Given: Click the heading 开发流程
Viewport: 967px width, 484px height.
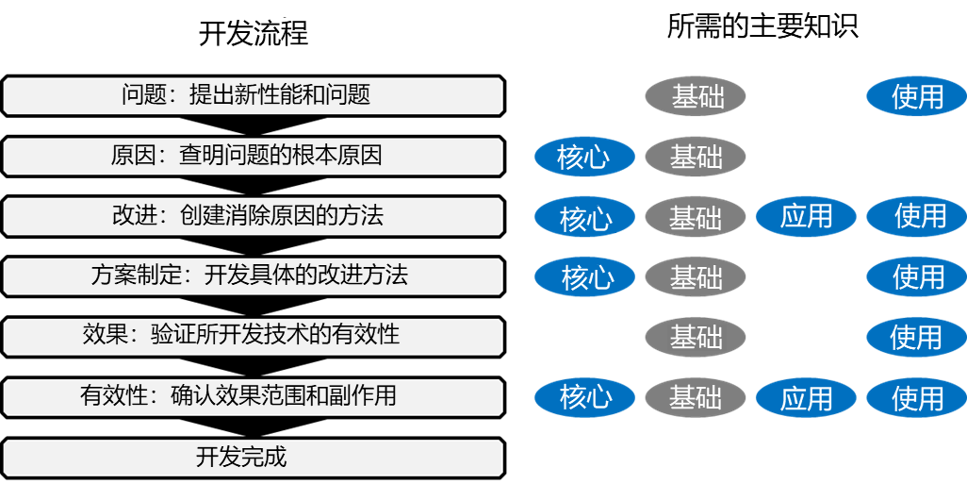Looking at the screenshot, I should click(254, 33).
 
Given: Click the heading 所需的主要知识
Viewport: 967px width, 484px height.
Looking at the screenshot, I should click(762, 26).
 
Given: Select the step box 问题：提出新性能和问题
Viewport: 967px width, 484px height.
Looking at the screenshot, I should click(253, 95).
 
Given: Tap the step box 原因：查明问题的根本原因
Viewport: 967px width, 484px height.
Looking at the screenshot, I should click(253, 156).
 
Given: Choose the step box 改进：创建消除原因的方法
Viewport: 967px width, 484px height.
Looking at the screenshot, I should click(253, 216).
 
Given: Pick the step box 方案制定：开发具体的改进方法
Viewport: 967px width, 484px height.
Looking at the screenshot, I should click(253, 276).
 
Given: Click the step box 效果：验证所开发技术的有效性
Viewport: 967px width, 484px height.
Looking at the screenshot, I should click(253, 336).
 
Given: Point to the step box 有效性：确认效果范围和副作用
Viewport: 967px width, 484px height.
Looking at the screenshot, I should click(253, 396).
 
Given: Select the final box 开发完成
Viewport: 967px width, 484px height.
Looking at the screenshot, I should click(253, 458).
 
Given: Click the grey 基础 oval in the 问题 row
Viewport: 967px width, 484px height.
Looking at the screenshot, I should click(696, 96).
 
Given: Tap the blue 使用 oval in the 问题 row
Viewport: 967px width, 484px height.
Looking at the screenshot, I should click(916, 96).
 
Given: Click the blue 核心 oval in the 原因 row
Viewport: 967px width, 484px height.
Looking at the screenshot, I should click(584, 157).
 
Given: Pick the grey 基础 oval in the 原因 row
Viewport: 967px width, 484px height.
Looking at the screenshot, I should click(696, 157).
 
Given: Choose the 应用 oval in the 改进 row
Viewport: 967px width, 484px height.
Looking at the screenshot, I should click(806, 217).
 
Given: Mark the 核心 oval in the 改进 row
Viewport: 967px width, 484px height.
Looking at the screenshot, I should click(584, 217).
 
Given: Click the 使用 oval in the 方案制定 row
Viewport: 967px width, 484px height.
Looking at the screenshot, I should click(916, 277).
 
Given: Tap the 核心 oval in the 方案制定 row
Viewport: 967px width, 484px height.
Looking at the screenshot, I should click(584, 277).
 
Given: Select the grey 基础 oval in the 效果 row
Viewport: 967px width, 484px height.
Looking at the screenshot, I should click(696, 337).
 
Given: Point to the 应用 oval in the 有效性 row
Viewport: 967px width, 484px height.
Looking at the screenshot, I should click(806, 398).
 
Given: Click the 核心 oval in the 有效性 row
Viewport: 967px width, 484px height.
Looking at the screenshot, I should click(584, 398).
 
